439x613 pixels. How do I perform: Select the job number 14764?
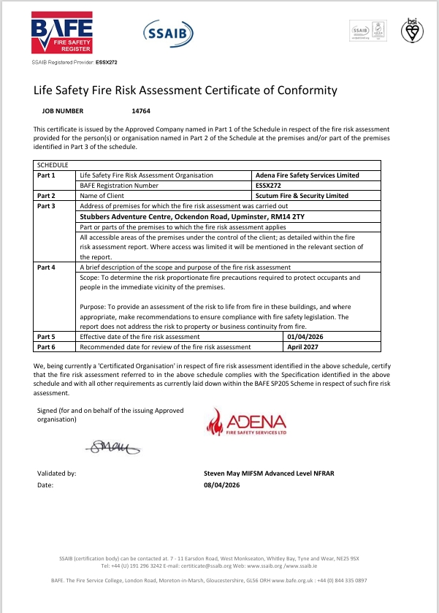point(140,111)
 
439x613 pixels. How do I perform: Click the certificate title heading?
point(186,91)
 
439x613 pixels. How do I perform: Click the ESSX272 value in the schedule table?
point(268,186)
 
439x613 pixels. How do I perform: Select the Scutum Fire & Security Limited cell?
point(302,196)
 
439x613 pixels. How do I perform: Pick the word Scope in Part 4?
point(89,278)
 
